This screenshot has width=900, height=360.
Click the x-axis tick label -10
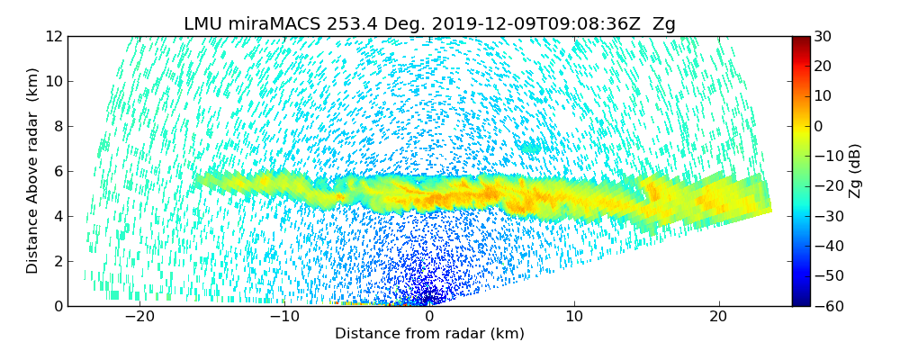click(284, 317)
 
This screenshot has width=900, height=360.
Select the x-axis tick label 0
click(429, 317)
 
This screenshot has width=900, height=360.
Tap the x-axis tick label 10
click(574, 317)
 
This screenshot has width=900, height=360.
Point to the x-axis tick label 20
click(718, 317)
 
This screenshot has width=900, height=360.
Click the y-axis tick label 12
click(53, 37)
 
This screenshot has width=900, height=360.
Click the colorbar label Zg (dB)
click(855, 171)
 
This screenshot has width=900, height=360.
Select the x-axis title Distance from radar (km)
click(429, 334)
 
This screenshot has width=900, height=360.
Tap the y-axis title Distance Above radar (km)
click(33, 171)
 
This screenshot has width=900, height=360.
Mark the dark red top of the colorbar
click(799, 40)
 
